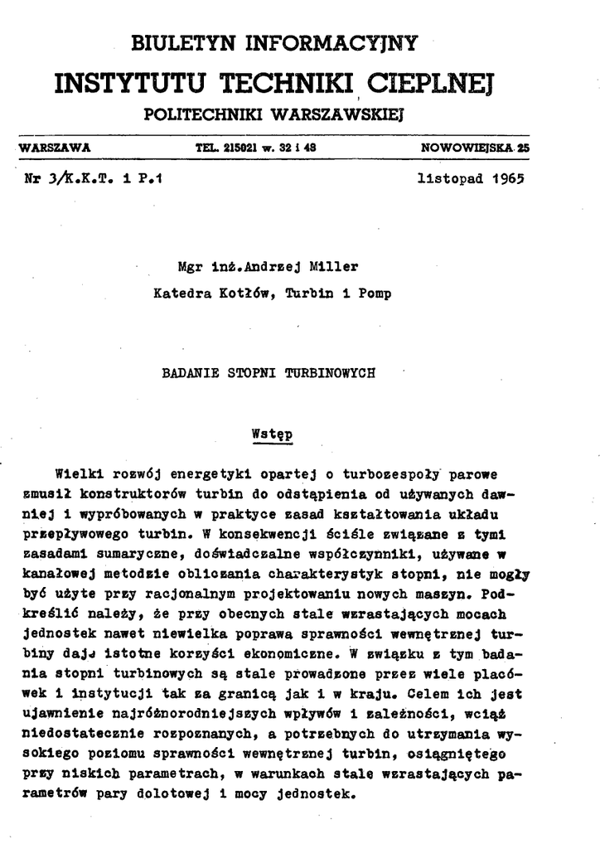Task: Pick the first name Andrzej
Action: click(264, 266)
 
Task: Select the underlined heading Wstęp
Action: click(273, 432)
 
